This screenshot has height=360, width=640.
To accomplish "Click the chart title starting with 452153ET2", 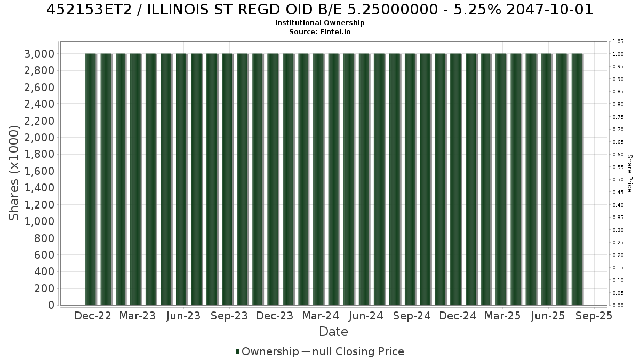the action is (x=319, y=10).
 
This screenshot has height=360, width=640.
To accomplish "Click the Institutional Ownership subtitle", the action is (x=319, y=23).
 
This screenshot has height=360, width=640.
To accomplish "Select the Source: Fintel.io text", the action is (x=319, y=31).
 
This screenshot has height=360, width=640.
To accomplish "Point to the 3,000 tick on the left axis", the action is (x=39, y=54).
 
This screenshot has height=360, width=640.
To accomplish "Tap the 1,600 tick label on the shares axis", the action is (x=39, y=171).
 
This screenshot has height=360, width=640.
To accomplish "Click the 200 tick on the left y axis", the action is (x=44, y=289).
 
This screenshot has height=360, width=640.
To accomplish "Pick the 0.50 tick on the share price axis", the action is (x=618, y=180).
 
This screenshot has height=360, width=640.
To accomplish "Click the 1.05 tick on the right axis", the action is (x=618, y=42).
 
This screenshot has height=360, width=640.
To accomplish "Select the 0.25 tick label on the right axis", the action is (x=618, y=243).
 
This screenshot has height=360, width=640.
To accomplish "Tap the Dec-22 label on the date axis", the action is (x=93, y=316).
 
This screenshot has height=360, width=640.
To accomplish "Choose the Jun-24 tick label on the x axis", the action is (x=366, y=316).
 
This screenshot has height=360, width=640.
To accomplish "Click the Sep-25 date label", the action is (x=594, y=316).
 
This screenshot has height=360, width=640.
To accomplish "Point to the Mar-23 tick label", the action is (x=138, y=316).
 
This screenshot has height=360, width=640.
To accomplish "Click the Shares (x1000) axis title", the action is (x=14, y=173).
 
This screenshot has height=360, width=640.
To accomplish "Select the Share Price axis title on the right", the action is (x=629, y=173).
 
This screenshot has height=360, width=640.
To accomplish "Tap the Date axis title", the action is (x=333, y=332).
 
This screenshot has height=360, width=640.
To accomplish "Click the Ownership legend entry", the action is (x=267, y=351).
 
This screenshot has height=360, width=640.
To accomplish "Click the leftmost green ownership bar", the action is (x=91, y=179).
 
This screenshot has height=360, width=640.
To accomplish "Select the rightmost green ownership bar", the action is (x=577, y=179).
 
